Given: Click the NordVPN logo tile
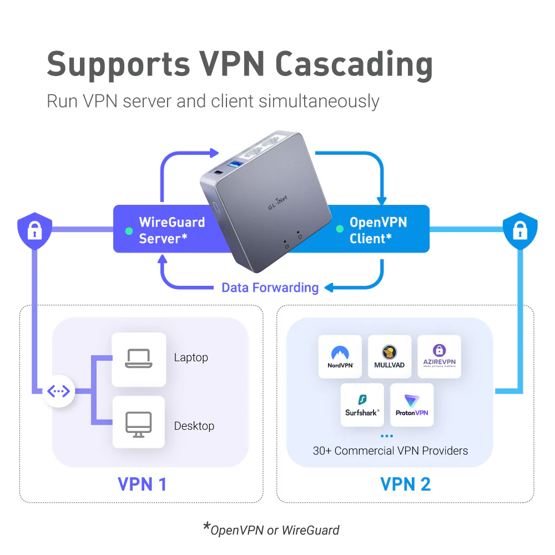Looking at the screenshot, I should point(340,357).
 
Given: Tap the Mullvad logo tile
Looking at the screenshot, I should point(389,357).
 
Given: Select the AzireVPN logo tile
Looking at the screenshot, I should point(439,357).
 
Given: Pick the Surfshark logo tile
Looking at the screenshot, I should point(362,405).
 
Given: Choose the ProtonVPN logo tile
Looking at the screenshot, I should point(412,405).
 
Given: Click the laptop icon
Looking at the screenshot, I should point(138,359).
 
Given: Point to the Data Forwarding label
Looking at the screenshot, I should point(270,287).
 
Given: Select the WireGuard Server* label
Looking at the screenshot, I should point(171,230).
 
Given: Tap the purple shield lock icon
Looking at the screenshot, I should point(34,230).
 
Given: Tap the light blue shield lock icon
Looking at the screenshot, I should point(519,230).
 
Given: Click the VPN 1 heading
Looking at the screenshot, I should point(142,484).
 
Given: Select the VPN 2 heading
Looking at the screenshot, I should point(405,484).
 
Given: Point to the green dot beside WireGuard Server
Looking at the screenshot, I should point(129,230).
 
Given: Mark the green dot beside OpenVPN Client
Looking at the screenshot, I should point(339,228).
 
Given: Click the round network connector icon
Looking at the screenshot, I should point(58,392).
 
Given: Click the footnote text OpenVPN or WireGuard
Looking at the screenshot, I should point(274,529).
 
